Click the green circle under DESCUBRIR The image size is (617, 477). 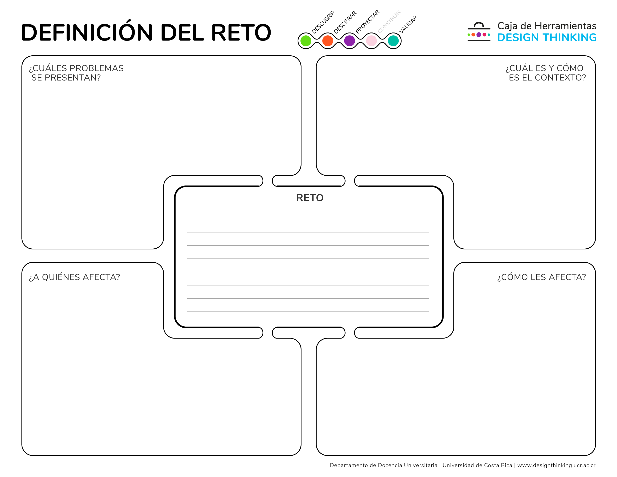click(x=306, y=41)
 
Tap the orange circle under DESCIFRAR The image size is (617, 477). click(x=328, y=41)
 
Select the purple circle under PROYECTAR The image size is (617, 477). click(x=350, y=41)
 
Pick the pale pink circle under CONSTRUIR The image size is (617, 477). click(x=371, y=41)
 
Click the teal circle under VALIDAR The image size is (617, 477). click(x=393, y=41)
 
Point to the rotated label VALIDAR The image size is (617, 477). click(x=408, y=24)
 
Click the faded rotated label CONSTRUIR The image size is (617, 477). click(x=389, y=22)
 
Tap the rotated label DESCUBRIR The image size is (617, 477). click(x=324, y=22)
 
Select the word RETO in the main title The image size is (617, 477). click(x=241, y=32)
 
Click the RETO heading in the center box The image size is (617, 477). click(x=310, y=198)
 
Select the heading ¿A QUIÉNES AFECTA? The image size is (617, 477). click(x=74, y=277)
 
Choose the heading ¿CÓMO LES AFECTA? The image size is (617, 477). click(x=542, y=277)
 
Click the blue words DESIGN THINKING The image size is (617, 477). click(x=547, y=38)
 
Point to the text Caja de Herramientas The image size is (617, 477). click(x=547, y=26)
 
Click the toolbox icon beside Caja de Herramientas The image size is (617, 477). click(x=479, y=32)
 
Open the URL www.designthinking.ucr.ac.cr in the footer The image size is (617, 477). click(x=556, y=465)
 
